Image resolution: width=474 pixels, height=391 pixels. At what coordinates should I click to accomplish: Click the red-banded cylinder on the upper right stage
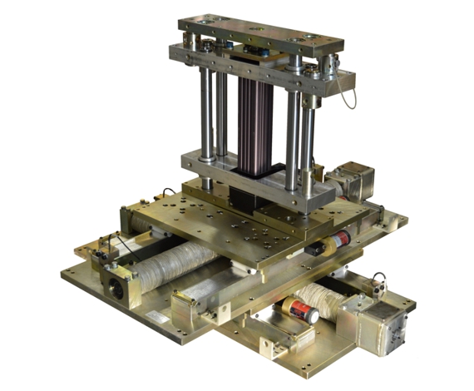tap(337, 242)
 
